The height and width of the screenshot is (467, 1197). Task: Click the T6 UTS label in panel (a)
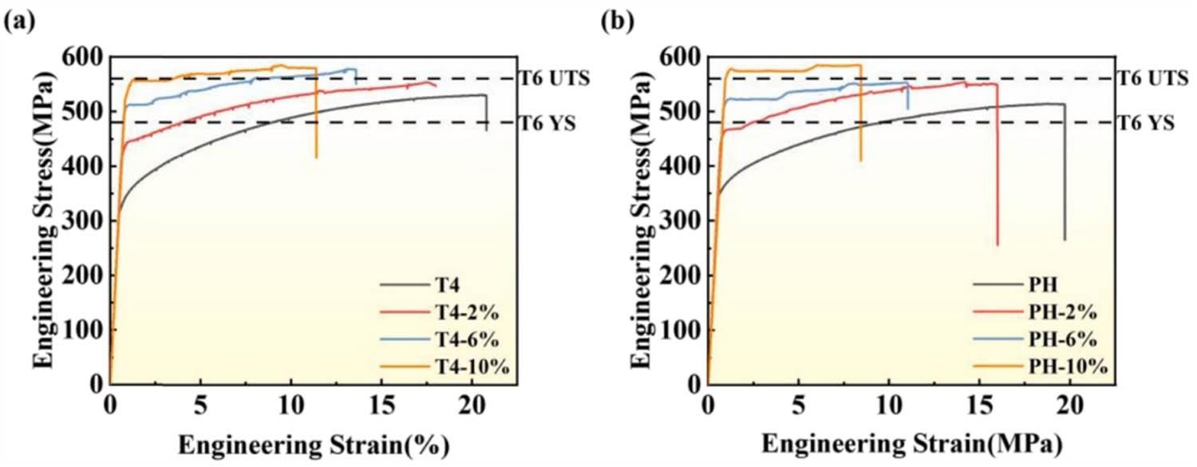554,78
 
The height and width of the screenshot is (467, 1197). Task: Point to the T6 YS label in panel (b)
1147,123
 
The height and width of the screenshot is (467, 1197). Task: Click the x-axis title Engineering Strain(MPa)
909,443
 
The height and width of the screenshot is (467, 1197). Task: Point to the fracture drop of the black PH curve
1065,176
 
